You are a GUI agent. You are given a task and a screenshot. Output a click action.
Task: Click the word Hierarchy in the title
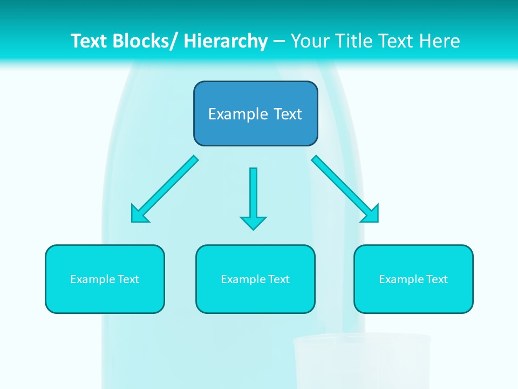[x=226, y=41]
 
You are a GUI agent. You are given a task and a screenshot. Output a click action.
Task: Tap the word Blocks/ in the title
[x=145, y=41]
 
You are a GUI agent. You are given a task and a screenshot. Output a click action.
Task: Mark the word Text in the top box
[x=287, y=114]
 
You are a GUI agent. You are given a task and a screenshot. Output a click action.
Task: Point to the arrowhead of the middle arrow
[x=253, y=223]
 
